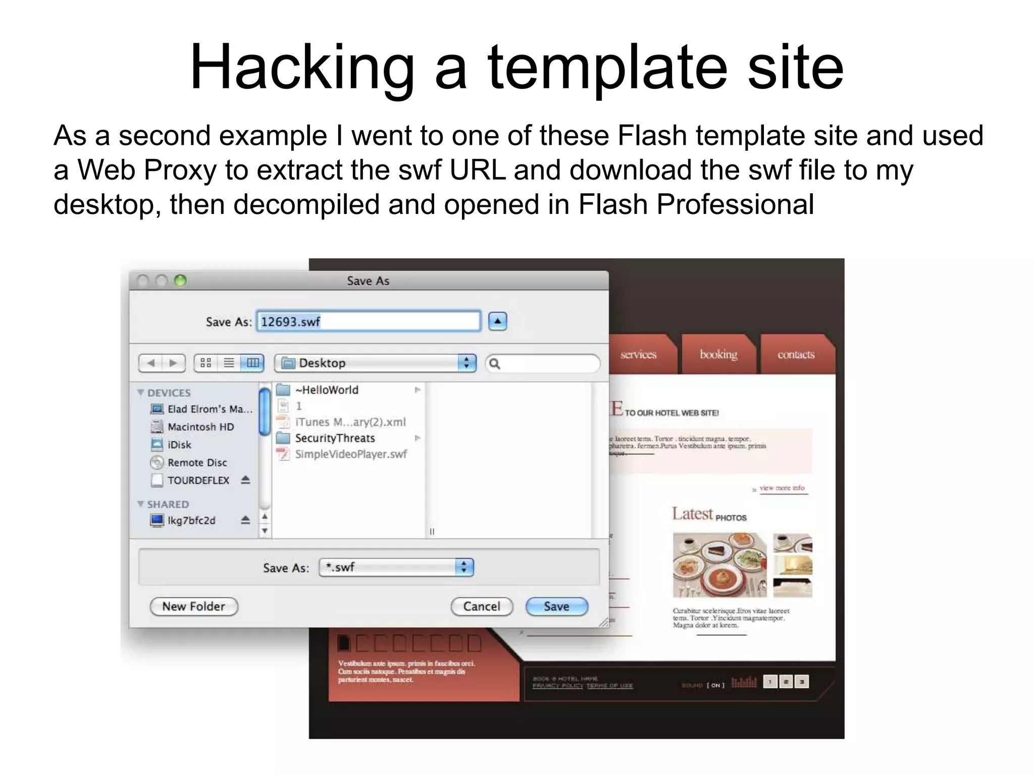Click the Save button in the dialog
tap(556, 606)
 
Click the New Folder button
tap(193, 606)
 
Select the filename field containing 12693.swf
tap(368, 321)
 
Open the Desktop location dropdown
tap(375, 363)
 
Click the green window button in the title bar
tap(180, 281)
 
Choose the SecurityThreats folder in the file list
tap(335, 438)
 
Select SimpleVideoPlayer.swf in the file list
tap(350, 454)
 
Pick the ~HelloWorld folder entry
tap(327, 390)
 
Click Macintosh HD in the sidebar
tap(200, 427)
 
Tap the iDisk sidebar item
tap(179, 445)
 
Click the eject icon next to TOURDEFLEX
tap(245, 480)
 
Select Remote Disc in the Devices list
tap(197, 463)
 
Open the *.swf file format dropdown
tap(396, 567)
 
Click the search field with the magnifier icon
tap(543, 363)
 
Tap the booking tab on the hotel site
tap(718, 355)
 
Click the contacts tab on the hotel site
tap(796, 355)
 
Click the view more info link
tap(782, 488)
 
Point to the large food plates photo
tap(719, 565)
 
